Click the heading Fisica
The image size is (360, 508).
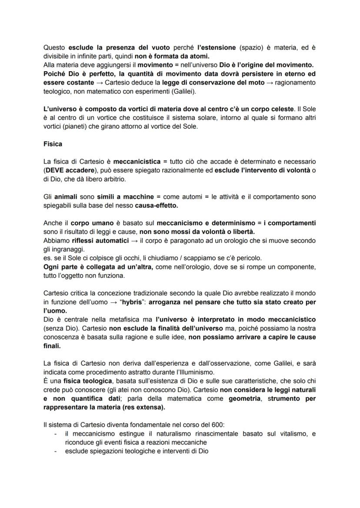(53, 144)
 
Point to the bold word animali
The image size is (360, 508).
(66, 197)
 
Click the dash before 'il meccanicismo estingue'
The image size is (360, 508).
(55, 434)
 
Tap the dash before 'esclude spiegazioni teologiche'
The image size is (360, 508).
(55, 451)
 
